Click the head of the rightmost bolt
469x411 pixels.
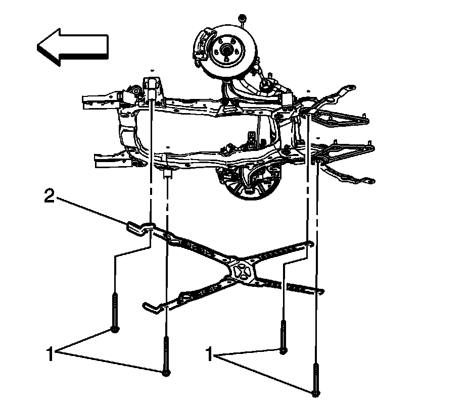pos(316,392)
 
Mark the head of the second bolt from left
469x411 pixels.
pos(166,373)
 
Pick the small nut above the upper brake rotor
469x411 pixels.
pos(243,20)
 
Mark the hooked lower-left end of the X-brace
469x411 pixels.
pos(150,306)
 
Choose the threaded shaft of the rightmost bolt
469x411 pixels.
pos(316,374)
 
